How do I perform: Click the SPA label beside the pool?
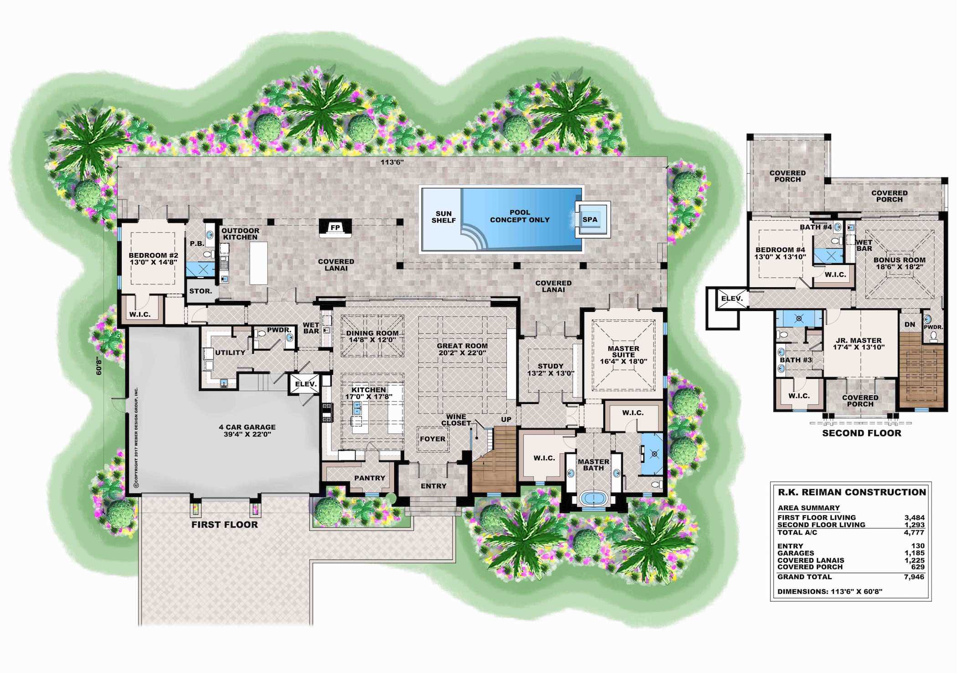[x=590, y=219]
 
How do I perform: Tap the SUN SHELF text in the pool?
[x=443, y=217]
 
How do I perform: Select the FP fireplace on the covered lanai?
[x=335, y=227]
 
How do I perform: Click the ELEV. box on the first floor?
[x=305, y=384]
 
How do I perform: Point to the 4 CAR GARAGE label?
[x=247, y=427]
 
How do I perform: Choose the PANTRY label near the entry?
[x=370, y=478]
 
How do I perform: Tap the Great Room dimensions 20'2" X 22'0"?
[x=462, y=353]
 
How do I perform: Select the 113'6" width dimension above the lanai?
[x=392, y=162]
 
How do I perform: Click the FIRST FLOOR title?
[x=225, y=525]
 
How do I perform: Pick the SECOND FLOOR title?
[x=862, y=433]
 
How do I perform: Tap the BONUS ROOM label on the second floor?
[x=899, y=260]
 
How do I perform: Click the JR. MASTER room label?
[x=859, y=341]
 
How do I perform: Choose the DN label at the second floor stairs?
[x=910, y=325]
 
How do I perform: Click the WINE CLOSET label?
[x=456, y=420]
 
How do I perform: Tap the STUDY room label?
[x=551, y=366]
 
